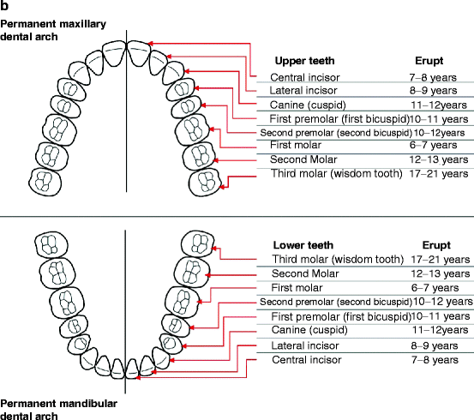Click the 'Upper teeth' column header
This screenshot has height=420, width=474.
pyautogui.click(x=303, y=61)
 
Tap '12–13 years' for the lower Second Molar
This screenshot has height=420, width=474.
pyautogui.click(x=437, y=273)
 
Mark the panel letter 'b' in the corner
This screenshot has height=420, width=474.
pyautogui.click(x=4, y=6)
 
